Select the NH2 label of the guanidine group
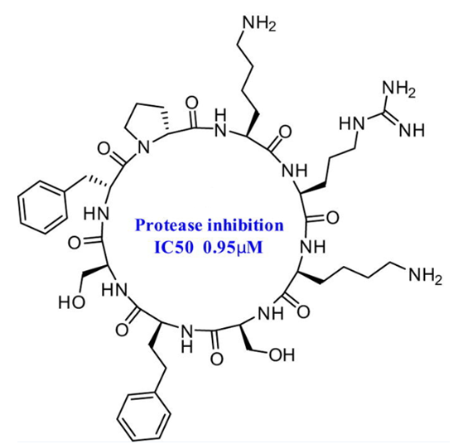pyautogui.click(x=399, y=89)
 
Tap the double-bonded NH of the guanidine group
pyautogui.click(x=412, y=130)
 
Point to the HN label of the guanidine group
pyautogui.click(x=352, y=123)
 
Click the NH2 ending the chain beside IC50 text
pyautogui.click(x=426, y=276)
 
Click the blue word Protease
pyautogui.click(x=169, y=225)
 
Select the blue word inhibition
pyautogui.click(x=245, y=225)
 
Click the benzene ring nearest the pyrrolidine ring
pyautogui.click(x=42, y=207)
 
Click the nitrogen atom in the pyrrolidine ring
pyautogui.click(x=144, y=147)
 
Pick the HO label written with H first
pyautogui.click(x=72, y=302)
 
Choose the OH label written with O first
pyautogui.click(x=282, y=355)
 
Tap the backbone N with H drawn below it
pyautogui.click(x=187, y=339)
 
